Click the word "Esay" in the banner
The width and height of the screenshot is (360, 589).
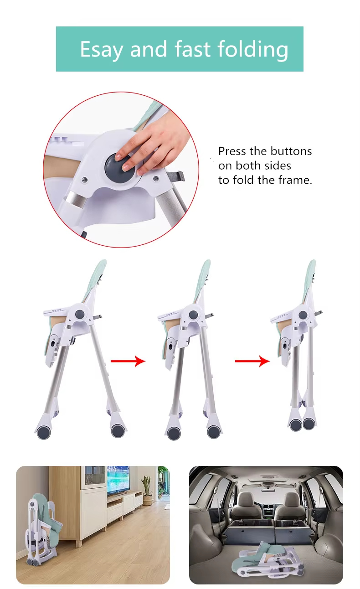(x=101, y=49)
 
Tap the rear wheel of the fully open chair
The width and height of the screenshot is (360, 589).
(x=118, y=430)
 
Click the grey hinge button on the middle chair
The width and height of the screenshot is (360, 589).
(x=193, y=315)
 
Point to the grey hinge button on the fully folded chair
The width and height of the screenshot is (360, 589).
(x=303, y=315)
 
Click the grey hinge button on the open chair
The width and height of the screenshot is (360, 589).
(x=80, y=315)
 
